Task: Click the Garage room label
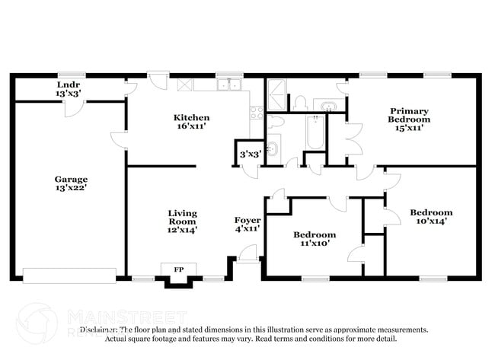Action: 69,179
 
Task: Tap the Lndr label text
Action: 68,84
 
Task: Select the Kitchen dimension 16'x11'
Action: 190,127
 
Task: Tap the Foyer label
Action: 247,220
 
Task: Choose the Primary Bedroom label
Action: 408,114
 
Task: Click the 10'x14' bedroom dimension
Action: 431,221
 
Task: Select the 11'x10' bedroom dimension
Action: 315,244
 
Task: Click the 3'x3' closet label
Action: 251,154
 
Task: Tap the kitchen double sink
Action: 229,84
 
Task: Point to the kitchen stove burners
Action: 257,113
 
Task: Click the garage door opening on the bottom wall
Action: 69,275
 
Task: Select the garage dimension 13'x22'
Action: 69,188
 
